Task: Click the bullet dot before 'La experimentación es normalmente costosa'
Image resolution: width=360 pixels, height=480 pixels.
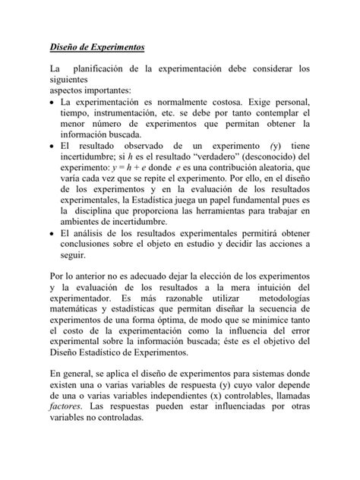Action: [x=51, y=102]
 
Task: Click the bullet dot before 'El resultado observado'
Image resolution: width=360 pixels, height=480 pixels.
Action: [x=51, y=144]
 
